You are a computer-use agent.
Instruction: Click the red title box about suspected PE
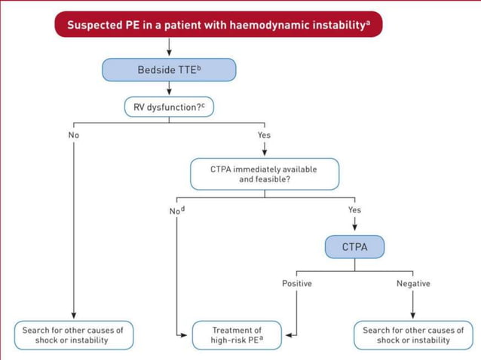(218, 24)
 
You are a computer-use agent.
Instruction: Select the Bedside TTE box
(169, 70)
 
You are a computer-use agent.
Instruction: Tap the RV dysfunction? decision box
(169, 107)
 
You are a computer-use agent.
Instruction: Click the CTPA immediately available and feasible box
(264, 174)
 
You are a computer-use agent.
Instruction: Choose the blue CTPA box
(354, 246)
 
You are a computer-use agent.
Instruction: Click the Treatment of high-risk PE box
(237, 335)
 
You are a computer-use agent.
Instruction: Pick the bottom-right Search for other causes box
(413, 335)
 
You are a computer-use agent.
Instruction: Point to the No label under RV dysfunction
(73, 136)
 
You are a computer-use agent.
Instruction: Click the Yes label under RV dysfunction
(264, 136)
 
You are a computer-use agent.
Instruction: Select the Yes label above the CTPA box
(354, 210)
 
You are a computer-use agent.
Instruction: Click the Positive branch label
(296, 284)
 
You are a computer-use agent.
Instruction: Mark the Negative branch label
(413, 284)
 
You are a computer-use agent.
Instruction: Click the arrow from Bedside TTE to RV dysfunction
(169, 90)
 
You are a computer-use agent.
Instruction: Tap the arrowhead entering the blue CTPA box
(354, 229)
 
